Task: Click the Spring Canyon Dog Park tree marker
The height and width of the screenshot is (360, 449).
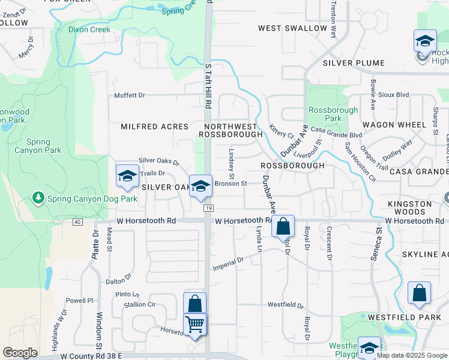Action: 39,197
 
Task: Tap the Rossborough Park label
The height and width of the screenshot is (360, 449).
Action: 333,114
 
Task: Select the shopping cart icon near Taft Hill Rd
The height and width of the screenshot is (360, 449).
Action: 195,325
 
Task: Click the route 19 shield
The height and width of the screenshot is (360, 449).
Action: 208,208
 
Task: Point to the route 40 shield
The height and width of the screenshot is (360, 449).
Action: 77,222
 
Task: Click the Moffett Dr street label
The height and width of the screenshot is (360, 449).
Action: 130,95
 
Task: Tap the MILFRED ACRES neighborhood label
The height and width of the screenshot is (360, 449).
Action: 155,127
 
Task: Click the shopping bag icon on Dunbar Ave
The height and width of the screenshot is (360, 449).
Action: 283,227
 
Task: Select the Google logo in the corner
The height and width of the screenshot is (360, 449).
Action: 20,353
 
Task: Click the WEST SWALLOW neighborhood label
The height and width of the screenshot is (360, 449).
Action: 293,28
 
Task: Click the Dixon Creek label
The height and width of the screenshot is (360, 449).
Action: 89,29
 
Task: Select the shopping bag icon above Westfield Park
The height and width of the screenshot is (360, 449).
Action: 419,293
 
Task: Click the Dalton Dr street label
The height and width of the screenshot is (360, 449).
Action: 118,279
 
